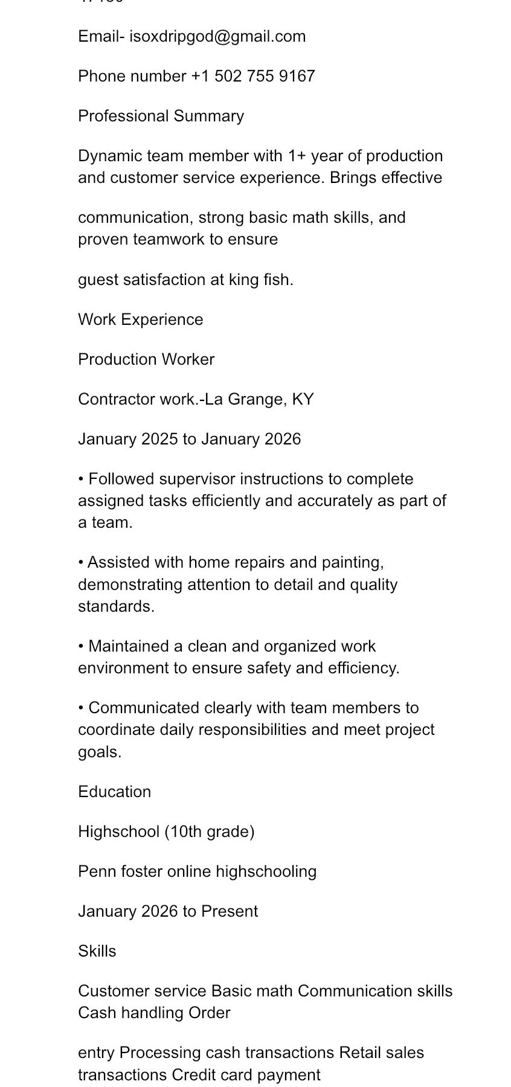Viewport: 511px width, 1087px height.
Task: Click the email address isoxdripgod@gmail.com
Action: pyautogui.click(x=217, y=36)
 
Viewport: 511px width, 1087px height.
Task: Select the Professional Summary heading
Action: pyautogui.click(x=161, y=116)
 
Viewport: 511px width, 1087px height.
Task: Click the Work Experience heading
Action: pyautogui.click(x=140, y=319)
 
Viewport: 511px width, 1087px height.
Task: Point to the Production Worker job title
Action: pyautogui.click(x=146, y=359)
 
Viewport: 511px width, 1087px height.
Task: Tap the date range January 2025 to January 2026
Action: pyautogui.click(x=189, y=439)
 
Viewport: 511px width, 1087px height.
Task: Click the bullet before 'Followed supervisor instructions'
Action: pyautogui.click(x=81, y=479)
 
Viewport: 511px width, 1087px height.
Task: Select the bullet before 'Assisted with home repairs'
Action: pyautogui.click(x=81, y=563)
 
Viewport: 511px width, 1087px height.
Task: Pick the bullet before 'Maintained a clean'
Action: pyautogui.click(x=81, y=647)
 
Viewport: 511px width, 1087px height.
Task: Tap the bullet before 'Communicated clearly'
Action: pyautogui.click(x=81, y=708)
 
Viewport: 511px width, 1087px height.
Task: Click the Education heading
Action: pyautogui.click(x=114, y=792)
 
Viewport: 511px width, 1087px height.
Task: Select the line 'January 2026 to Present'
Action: pyautogui.click(x=168, y=911)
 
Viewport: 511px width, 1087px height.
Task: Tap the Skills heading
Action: pyautogui.click(x=97, y=951)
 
